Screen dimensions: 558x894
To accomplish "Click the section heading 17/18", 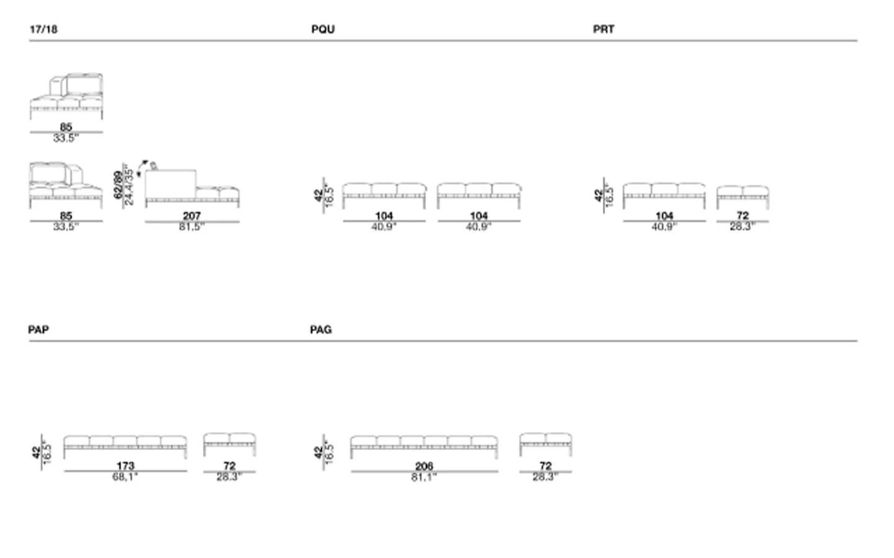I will [x=43, y=29].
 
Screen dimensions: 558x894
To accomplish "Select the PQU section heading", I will [x=323, y=29].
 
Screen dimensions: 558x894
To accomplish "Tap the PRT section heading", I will [x=603, y=29].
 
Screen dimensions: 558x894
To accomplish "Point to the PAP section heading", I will [x=38, y=330].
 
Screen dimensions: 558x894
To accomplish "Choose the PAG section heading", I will [x=321, y=330].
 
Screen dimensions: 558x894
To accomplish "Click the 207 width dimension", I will [x=192, y=216].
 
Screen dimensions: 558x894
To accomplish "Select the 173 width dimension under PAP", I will [x=125, y=466].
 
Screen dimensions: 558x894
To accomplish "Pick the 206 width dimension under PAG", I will [x=424, y=466].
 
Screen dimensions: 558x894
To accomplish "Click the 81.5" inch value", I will [x=192, y=227].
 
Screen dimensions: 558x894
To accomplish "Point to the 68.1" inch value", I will [x=125, y=476].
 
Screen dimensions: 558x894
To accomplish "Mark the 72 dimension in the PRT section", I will [x=743, y=216].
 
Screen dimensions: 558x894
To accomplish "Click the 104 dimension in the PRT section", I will [x=664, y=216].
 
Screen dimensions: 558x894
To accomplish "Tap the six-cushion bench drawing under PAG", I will [x=424, y=446].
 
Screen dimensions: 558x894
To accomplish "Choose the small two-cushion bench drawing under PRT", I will [x=743, y=197].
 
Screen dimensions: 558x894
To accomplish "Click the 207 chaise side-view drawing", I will [x=192, y=188].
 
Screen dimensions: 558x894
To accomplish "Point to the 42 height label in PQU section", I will [x=318, y=196].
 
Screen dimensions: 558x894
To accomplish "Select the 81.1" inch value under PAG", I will [x=424, y=476].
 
